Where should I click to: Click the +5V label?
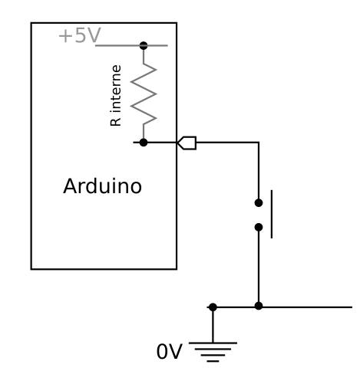(80, 35)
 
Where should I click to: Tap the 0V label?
(170, 352)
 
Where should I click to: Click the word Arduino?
(102, 186)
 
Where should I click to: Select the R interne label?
(116, 96)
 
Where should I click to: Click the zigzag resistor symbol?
(144, 94)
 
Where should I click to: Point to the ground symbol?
(213, 352)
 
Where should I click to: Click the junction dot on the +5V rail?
(144, 46)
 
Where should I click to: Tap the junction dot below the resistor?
(144, 143)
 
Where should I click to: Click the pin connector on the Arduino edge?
(187, 143)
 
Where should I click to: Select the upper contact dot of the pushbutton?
(259, 203)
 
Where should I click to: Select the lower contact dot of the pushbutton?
(259, 227)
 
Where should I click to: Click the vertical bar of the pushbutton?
(272, 214)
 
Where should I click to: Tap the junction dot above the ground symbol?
(213, 307)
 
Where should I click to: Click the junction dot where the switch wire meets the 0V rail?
(259, 306)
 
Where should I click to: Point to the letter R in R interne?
(116, 122)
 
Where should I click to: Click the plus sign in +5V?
(65, 36)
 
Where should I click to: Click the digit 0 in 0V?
(162, 352)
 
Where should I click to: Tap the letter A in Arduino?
(70, 186)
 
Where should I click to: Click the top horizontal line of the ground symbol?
(213, 343)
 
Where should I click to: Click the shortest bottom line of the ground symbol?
(213, 361)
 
